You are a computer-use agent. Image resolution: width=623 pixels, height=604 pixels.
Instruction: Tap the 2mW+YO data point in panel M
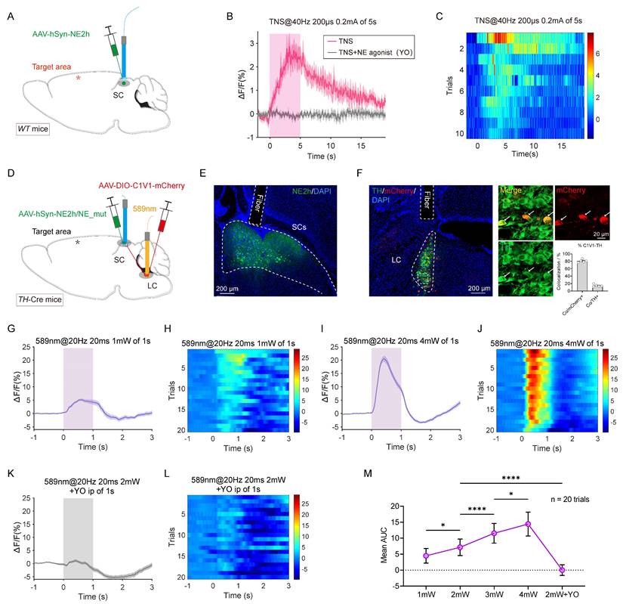tap(562, 570)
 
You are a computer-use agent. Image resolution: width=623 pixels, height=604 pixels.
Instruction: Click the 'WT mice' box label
tap(34, 129)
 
